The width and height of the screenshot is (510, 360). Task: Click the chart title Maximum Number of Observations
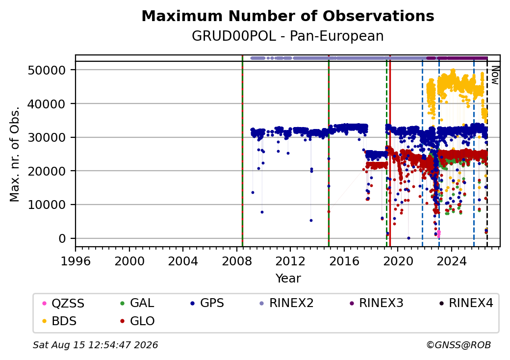click(288, 16)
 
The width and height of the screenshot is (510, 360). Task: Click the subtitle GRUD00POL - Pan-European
click(288, 36)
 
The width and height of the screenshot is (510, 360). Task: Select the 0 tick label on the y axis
click(62, 239)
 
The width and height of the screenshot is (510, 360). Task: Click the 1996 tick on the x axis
click(76, 261)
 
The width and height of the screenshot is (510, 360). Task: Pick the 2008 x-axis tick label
click(237, 261)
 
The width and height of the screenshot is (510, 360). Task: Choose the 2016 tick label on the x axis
click(344, 261)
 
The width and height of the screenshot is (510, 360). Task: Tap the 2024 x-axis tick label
click(452, 261)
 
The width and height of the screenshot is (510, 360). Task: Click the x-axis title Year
click(288, 279)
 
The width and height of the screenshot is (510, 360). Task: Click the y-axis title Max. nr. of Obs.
click(14, 154)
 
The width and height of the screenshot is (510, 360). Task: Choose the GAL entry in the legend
click(137, 304)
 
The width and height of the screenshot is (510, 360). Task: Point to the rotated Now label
click(495, 75)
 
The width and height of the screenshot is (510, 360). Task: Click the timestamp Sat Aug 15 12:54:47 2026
click(95, 345)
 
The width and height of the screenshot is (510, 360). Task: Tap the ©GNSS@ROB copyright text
click(459, 345)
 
